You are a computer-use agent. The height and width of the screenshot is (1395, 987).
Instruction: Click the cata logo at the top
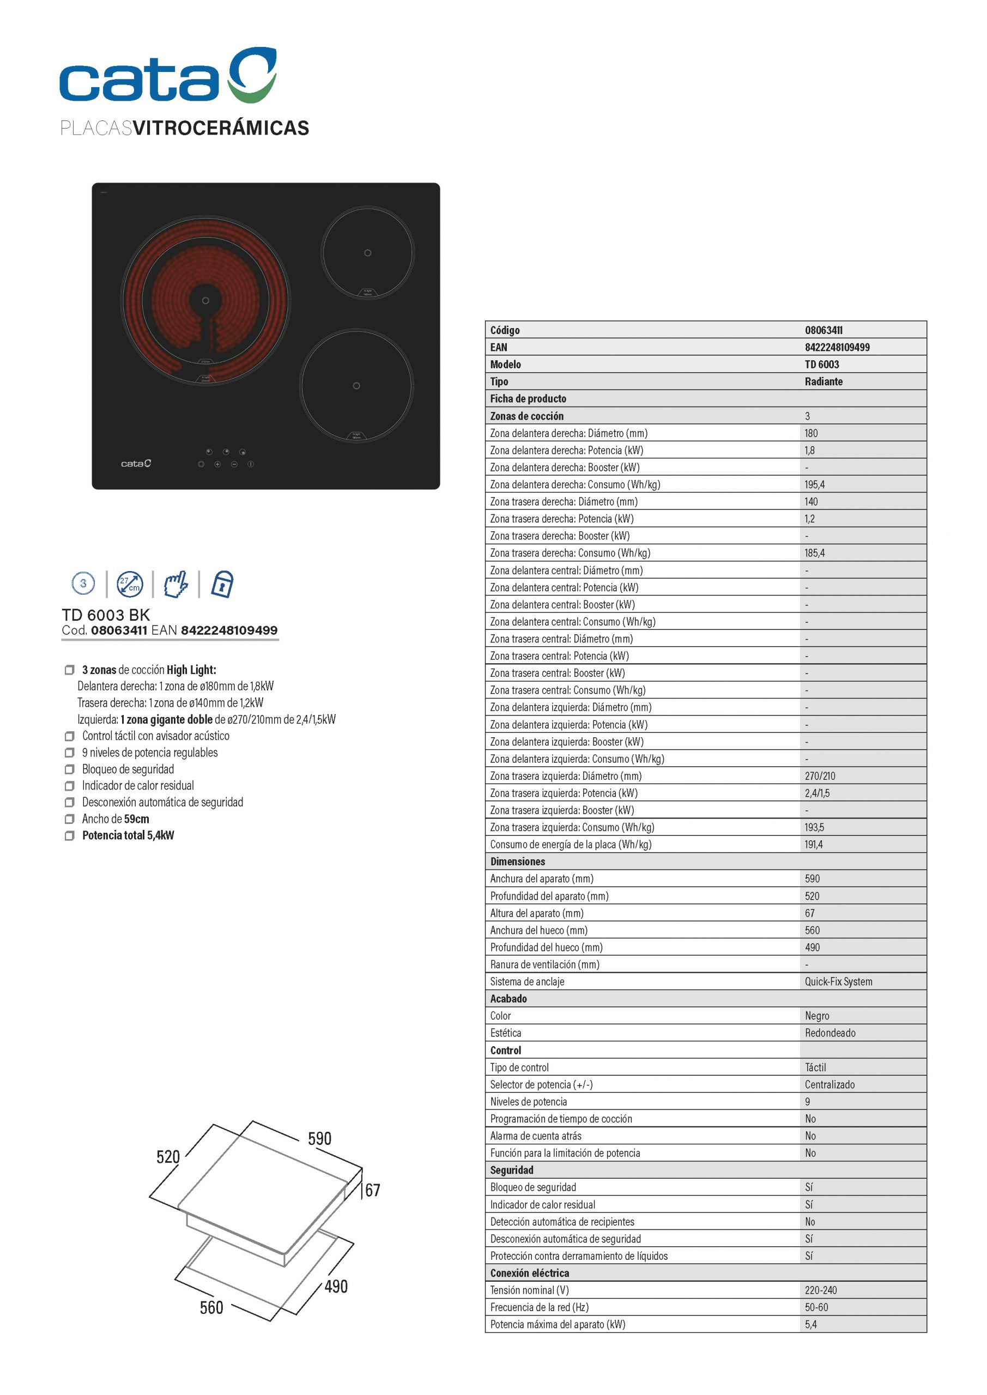point(168,75)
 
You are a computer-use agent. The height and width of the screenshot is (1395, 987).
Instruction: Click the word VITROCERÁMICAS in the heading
point(221,128)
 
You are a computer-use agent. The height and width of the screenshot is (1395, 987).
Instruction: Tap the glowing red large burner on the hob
point(205,301)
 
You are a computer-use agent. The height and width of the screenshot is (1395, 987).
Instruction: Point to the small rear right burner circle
point(367,253)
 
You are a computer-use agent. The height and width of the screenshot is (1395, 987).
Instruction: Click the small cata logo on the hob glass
point(136,464)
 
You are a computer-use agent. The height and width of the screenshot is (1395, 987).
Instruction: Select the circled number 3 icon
point(83,583)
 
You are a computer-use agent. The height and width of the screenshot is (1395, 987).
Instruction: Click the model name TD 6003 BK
point(106,615)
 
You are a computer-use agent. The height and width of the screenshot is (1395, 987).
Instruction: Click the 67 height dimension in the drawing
point(373,1190)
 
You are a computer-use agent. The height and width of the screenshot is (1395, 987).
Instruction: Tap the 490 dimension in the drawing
point(336,1286)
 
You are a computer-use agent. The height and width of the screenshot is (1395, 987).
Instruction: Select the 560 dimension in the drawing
point(211,1307)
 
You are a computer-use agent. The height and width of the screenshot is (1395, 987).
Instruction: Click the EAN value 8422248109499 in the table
point(837,347)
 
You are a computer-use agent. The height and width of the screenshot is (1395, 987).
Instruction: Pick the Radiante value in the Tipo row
point(823,381)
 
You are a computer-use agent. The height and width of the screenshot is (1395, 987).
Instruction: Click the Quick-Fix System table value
point(838,981)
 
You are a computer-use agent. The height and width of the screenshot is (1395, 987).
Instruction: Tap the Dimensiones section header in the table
point(517,862)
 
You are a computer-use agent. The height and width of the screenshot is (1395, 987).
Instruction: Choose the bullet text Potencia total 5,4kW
point(128,835)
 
